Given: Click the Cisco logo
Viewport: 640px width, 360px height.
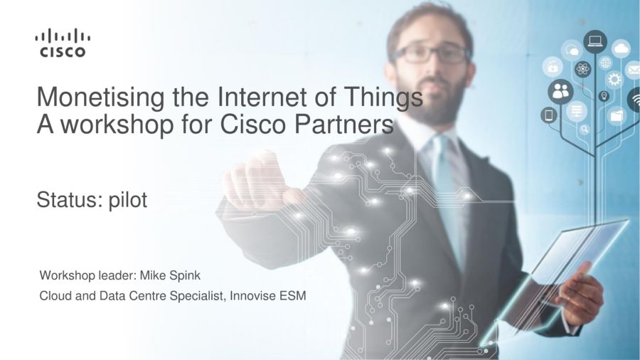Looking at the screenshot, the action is pos(63,43).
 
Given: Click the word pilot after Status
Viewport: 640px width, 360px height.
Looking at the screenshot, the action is pos(128,200).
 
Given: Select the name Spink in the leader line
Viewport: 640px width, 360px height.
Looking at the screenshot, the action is pos(184,276).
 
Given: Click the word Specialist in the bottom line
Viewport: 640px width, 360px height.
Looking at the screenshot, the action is pos(197,295).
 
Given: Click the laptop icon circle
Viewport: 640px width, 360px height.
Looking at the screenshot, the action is pos(594,41).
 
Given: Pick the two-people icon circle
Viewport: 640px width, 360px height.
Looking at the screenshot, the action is pos(560,92).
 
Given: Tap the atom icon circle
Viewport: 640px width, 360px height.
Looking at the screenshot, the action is pos(582,69).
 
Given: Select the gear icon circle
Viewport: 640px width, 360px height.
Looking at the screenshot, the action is pos(614,80).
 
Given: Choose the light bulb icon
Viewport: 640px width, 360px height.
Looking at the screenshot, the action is pos(604,96).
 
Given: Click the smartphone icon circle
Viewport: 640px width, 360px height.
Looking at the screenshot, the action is pos(549,115).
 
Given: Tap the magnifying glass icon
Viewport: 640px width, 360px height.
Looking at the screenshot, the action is pos(585,129).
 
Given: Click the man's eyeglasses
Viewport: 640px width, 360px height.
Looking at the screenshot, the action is pos(431,53).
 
